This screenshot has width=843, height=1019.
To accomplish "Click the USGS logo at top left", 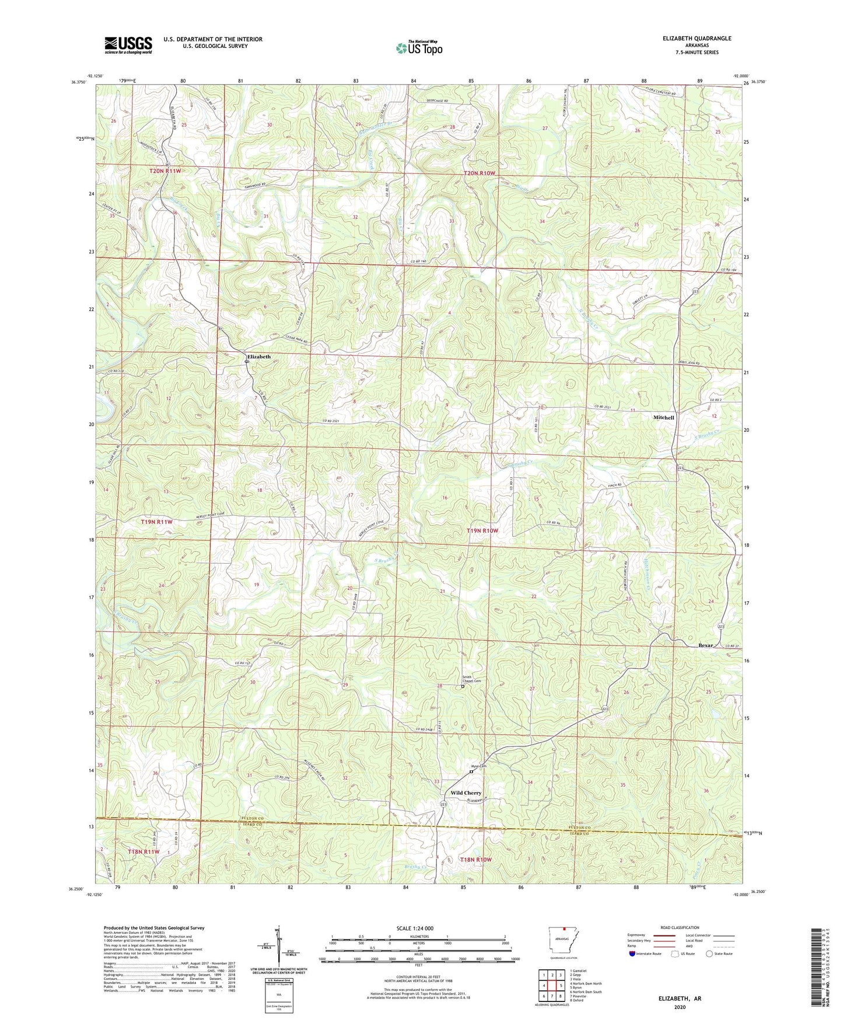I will (x=128, y=45).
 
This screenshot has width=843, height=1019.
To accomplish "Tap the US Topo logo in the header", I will (x=419, y=47).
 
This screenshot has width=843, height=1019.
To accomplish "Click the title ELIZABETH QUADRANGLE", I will (x=697, y=39).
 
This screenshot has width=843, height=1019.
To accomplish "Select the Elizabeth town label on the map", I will (x=258, y=357).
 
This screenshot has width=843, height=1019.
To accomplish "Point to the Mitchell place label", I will (x=663, y=418).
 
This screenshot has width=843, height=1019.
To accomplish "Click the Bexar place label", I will (x=706, y=645).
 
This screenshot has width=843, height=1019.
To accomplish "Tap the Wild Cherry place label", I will (x=466, y=793).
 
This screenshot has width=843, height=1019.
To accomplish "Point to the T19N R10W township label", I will (x=482, y=531).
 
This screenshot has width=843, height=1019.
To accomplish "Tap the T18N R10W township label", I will (x=475, y=860).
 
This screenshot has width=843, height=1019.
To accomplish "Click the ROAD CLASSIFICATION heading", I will (x=680, y=927).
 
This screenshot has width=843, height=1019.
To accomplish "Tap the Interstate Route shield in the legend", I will (x=634, y=954).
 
